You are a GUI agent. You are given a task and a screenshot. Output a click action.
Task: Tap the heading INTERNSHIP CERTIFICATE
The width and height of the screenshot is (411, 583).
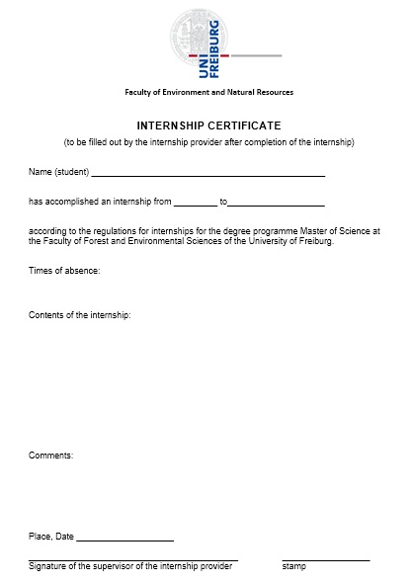click(x=208, y=125)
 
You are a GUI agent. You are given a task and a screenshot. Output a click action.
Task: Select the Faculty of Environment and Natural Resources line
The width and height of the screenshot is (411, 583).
click(x=208, y=92)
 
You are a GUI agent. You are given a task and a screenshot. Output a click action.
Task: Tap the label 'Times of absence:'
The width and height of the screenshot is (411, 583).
click(x=64, y=270)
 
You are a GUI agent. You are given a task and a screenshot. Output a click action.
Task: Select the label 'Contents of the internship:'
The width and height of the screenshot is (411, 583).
click(x=80, y=315)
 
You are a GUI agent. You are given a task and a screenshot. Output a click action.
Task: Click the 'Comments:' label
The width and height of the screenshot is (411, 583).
click(x=50, y=456)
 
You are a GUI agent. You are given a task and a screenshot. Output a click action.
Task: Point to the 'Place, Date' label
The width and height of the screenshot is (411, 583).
click(x=51, y=537)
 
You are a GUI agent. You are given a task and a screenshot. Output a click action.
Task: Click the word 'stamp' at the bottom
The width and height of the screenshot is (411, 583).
click(x=293, y=566)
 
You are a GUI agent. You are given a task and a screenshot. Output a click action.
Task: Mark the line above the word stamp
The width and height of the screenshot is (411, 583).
click(x=325, y=560)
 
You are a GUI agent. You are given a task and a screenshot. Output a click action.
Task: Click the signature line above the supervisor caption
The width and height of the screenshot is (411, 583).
click(x=133, y=560)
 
